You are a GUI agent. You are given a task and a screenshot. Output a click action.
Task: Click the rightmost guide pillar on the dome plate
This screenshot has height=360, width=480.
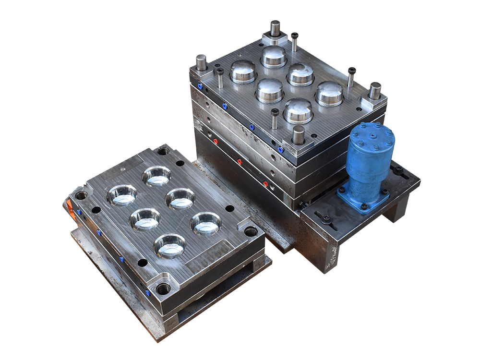tap(374, 91)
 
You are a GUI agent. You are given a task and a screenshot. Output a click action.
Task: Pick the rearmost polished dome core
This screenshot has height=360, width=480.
tap(274, 56)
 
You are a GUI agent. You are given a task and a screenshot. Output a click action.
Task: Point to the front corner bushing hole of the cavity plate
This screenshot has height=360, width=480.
tap(164, 289)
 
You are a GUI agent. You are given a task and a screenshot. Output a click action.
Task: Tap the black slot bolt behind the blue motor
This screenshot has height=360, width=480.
tap(399, 169)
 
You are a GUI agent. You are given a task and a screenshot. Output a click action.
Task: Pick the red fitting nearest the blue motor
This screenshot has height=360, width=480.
tap(265, 183)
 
